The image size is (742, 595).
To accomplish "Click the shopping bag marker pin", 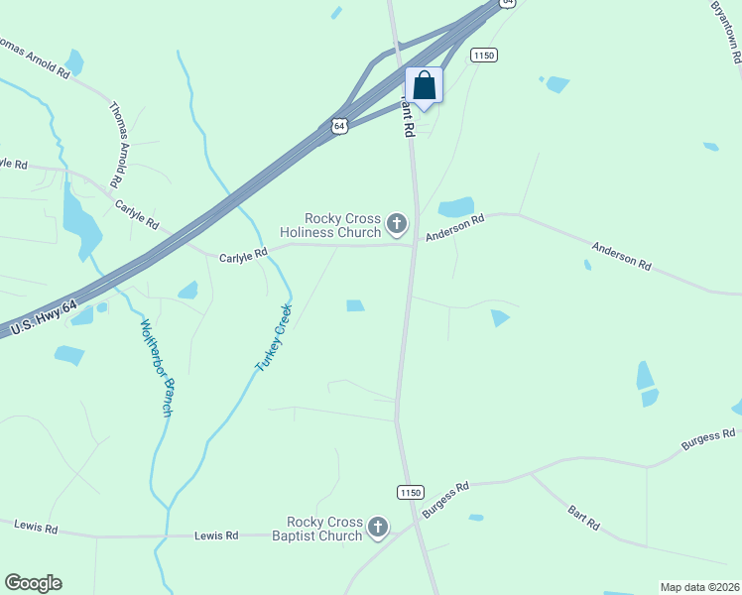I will point(425,87).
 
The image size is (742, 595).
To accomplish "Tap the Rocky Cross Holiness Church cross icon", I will point(397,224).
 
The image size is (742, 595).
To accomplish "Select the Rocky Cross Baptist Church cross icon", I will point(378,528).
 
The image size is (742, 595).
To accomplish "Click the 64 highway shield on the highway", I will point(339,127).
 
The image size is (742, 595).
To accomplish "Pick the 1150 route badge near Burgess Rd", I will point(411,492).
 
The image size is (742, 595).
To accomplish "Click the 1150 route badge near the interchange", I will point(483,56).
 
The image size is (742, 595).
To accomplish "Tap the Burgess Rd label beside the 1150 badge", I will point(444,500).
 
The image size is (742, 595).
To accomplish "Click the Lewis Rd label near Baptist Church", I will point(216,535).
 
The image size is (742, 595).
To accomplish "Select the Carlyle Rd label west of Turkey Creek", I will point(243,254).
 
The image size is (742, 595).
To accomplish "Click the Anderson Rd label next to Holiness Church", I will point(454,229).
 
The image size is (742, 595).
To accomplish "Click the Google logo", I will point(33,583).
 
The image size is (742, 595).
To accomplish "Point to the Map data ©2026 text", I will point(698,587).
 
